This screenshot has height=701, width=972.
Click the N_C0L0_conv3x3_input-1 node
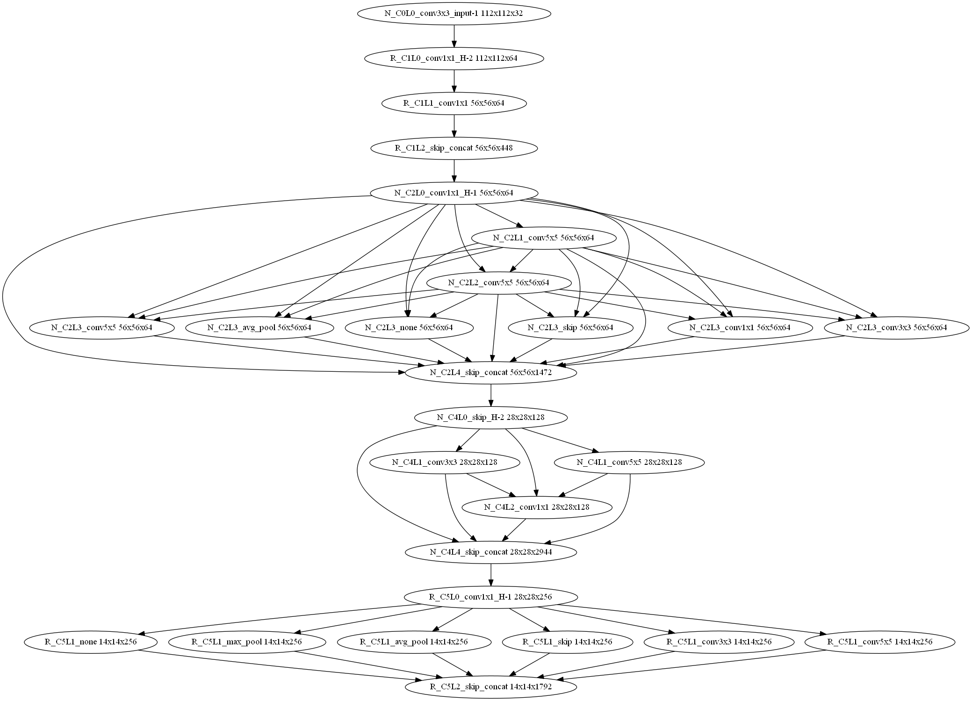pos(454,14)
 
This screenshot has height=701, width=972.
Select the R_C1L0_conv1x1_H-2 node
pos(454,58)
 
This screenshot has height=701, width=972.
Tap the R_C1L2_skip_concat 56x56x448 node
pos(454,148)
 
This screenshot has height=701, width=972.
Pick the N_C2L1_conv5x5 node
pos(543,238)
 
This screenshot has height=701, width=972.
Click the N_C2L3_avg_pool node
pos(259,328)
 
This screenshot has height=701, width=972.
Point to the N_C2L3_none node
pos(409,328)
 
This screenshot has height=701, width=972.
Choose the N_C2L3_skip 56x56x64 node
pos(570,328)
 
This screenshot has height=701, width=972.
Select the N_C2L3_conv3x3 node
pos(896,328)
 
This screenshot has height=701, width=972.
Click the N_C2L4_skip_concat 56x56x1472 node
pos(490,373)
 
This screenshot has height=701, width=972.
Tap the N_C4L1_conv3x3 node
pos(444,463)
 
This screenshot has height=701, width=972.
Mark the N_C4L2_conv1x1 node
pos(536,507)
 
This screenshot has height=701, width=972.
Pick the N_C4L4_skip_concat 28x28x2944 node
pos(490,552)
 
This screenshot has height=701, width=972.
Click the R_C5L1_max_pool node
pos(246,642)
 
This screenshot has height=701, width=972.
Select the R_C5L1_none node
pos(91,642)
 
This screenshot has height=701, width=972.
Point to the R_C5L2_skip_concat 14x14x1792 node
pos(490,687)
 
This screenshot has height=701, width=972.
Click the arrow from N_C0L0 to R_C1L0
pos(454,36)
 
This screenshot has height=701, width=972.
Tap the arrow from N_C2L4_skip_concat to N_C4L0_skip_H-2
pos(490,395)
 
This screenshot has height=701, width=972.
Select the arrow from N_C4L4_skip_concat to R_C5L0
pos(490,575)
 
